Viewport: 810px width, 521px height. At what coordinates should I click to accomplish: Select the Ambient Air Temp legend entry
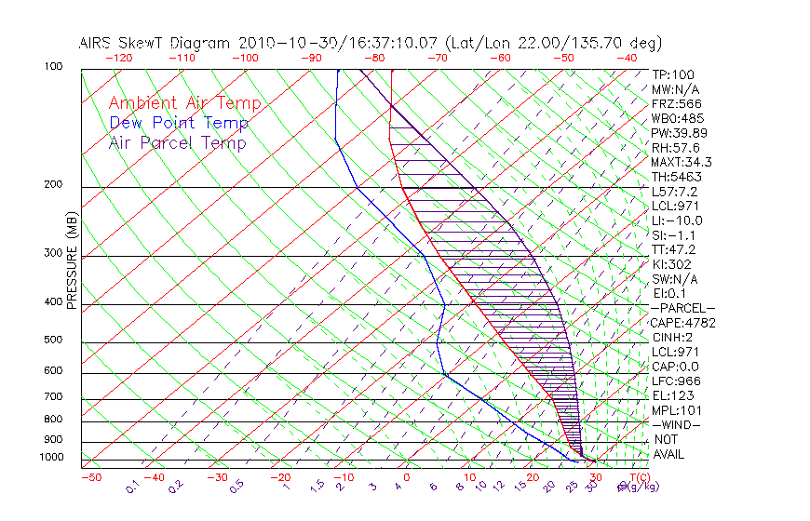pyautogui.click(x=184, y=103)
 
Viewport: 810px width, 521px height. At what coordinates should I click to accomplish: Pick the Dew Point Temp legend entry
pyautogui.click(x=179, y=123)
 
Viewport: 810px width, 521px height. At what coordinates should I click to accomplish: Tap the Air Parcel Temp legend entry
pyautogui.click(x=178, y=142)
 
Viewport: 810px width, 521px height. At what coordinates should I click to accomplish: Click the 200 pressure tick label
pyautogui.click(x=53, y=184)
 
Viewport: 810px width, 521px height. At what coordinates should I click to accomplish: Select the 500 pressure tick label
pyautogui.click(x=53, y=340)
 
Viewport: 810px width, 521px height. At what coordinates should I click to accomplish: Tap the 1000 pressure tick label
pyautogui.click(x=50, y=457)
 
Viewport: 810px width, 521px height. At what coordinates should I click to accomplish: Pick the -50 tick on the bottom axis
pyautogui.click(x=91, y=478)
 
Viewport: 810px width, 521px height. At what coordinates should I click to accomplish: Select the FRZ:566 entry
pyautogui.click(x=677, y=103)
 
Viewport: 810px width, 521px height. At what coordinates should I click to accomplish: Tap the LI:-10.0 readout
pyautogui.click(x=677, y=220)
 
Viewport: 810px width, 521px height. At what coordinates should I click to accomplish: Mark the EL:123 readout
pyautogui.click(x=673, y=395)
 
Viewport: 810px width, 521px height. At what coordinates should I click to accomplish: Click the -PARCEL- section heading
pyautogui.click(x=682, y=308)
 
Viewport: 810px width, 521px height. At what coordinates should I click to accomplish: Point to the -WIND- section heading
pyautogui.click(x=677, y=424)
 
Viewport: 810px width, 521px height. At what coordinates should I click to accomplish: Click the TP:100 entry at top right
pyautogui.click(x=673, y=74)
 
